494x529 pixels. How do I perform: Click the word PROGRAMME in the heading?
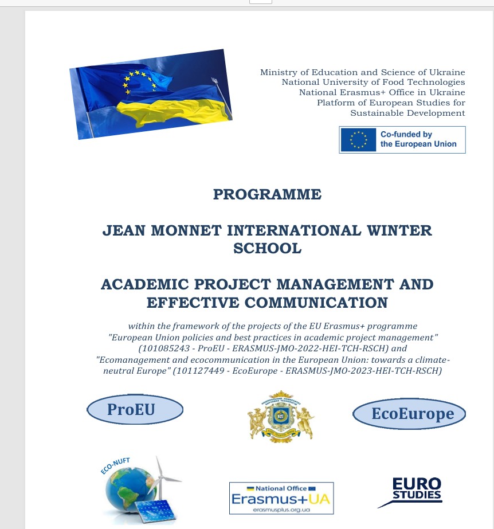[267, 194]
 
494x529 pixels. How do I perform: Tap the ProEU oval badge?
[135, 410]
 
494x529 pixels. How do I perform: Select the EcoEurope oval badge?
[409, 414]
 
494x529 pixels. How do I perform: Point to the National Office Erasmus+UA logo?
[281, 498]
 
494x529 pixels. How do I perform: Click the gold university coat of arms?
[280, 416]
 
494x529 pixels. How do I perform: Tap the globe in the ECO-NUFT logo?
[126, 482]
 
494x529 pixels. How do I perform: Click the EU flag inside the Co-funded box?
[358, 140]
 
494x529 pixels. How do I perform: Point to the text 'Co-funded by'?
[406, 135]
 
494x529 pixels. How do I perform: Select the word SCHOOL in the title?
[267, 248]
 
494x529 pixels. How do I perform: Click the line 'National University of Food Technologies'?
[373, 83]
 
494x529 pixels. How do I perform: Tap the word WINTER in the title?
[399, 230]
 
